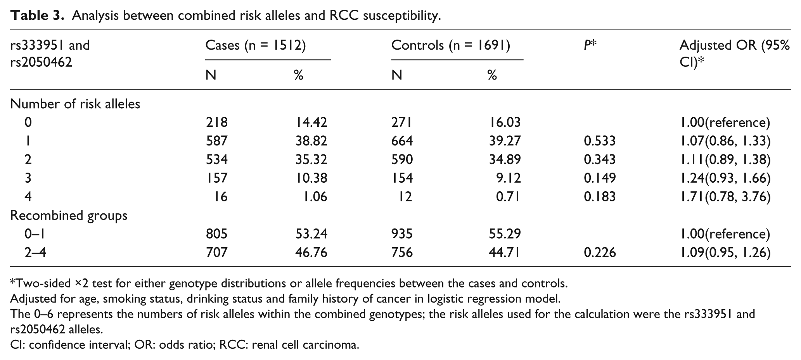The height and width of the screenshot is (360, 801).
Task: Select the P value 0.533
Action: click(599, 141)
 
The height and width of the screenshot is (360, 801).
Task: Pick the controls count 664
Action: click(402, 141)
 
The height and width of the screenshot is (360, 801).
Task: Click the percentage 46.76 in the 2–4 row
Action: click(311, 253)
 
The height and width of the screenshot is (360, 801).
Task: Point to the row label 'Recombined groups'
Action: click(69, 216)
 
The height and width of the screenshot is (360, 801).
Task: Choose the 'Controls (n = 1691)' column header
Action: click(450, 46)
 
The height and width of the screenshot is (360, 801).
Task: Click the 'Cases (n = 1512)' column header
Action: click(256, 46)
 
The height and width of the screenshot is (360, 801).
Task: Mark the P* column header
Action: click(590, 45)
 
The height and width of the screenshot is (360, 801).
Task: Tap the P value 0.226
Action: click(599, 253)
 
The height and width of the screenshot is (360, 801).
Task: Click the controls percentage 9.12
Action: click(509, 178)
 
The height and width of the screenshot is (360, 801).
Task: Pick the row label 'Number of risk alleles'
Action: click(75, 104)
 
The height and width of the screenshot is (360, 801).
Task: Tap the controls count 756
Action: click(402, 253)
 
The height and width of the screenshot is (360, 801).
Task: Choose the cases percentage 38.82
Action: click(311, 141)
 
